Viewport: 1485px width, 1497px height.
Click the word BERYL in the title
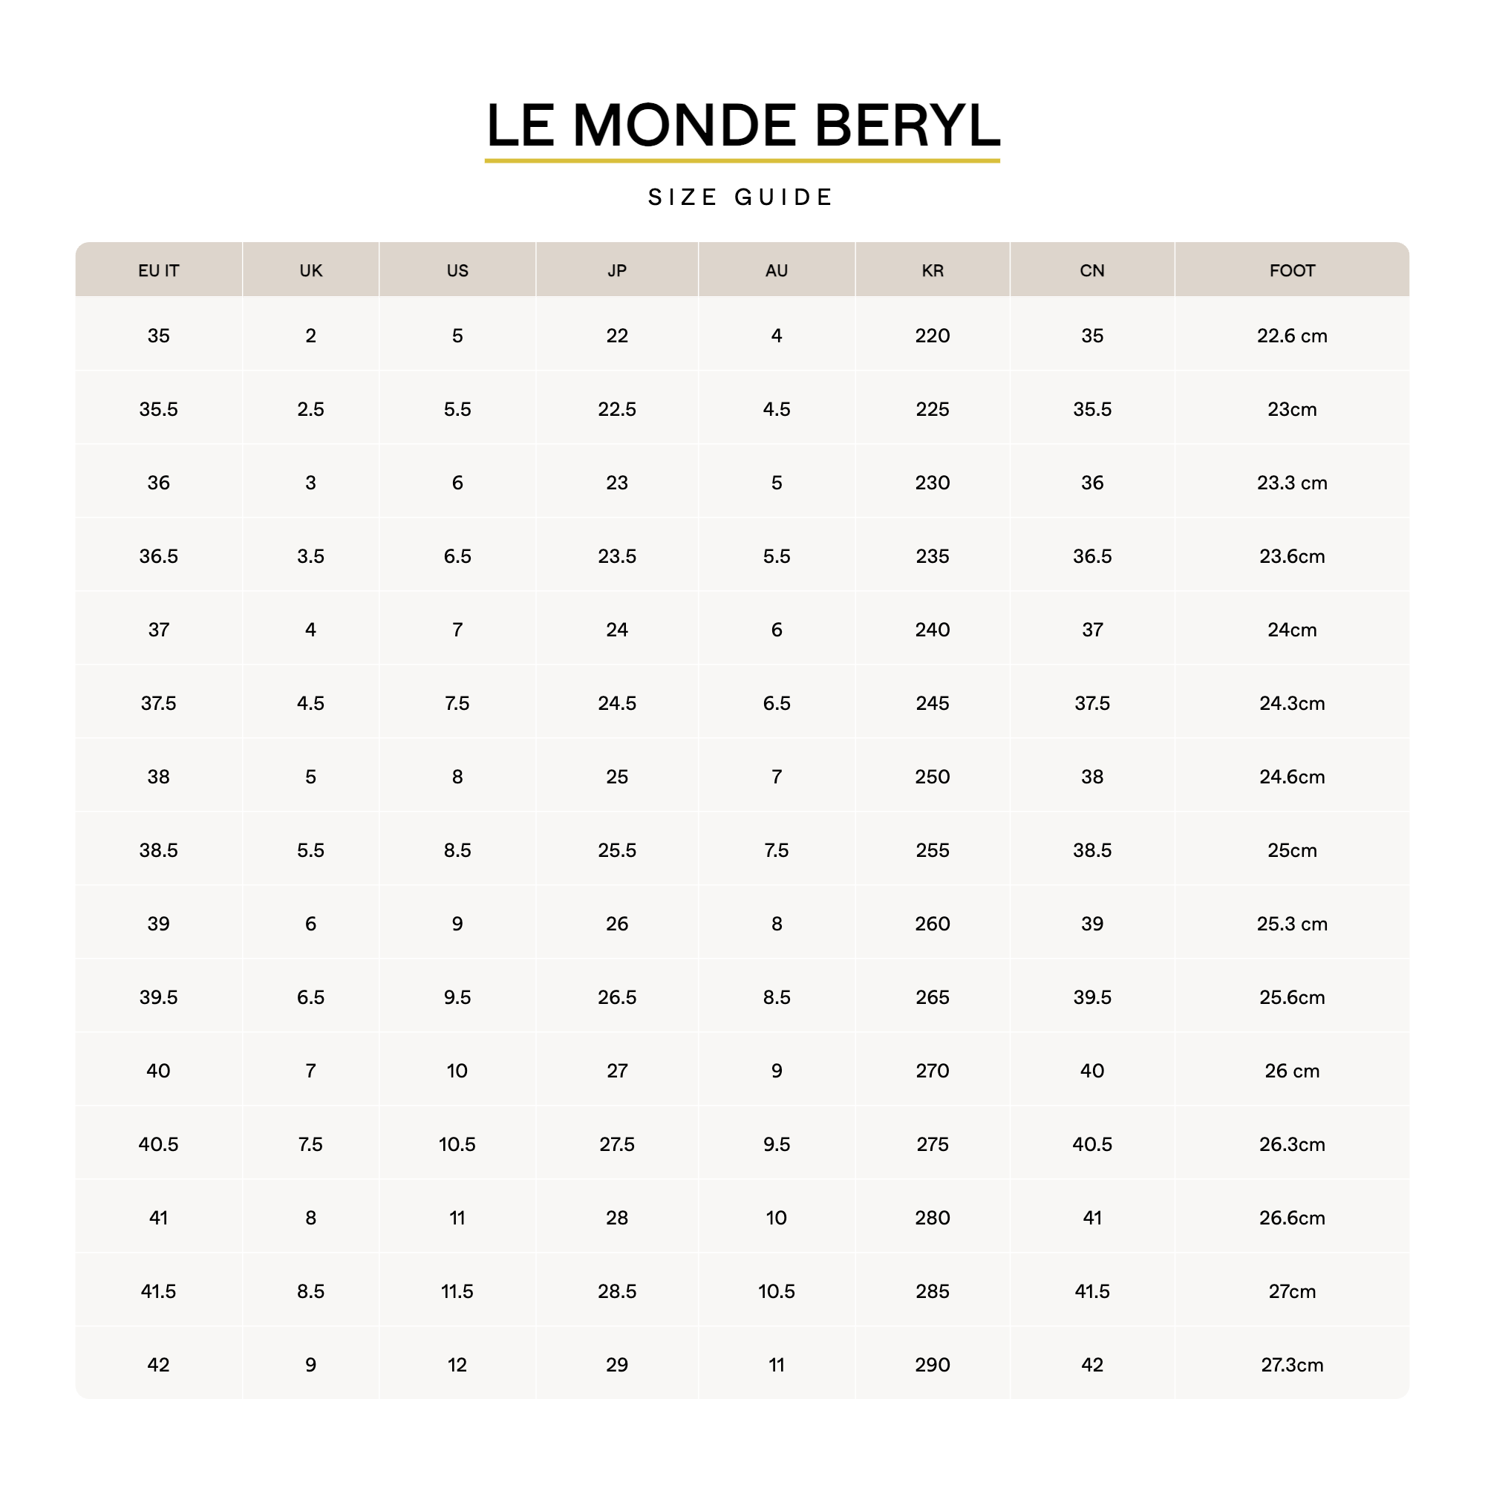coord(907,125)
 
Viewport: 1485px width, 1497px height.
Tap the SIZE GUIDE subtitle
coord(740,197)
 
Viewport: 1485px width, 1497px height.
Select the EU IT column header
coord(158,270)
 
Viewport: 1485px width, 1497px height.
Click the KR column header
coord(932,270)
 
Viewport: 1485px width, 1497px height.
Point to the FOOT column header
coord(1291,270)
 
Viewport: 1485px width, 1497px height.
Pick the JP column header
coord(616,270)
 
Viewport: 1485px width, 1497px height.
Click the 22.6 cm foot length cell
coord(1291,336)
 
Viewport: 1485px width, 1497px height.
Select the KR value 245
coord(932,702)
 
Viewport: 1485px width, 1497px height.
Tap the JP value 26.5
coord(616,997)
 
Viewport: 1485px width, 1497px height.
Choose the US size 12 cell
coord(457,1365)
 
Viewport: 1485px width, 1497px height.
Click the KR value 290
coord(932,1365)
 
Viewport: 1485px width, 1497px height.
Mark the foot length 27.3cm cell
coord(1291,1365)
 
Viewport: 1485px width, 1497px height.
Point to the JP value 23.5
coord(616,555)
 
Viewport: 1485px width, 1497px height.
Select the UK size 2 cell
coord(310,336)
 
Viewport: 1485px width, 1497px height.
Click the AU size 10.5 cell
coord(776,1291)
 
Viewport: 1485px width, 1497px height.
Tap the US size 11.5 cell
coord(457,1291)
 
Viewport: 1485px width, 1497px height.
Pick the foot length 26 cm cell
coord(1291,1070)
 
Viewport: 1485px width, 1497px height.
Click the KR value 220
coord(932,336)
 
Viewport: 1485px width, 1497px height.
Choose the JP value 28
coord(616,1217)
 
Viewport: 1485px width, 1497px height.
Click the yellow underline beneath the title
coord(741,160)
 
